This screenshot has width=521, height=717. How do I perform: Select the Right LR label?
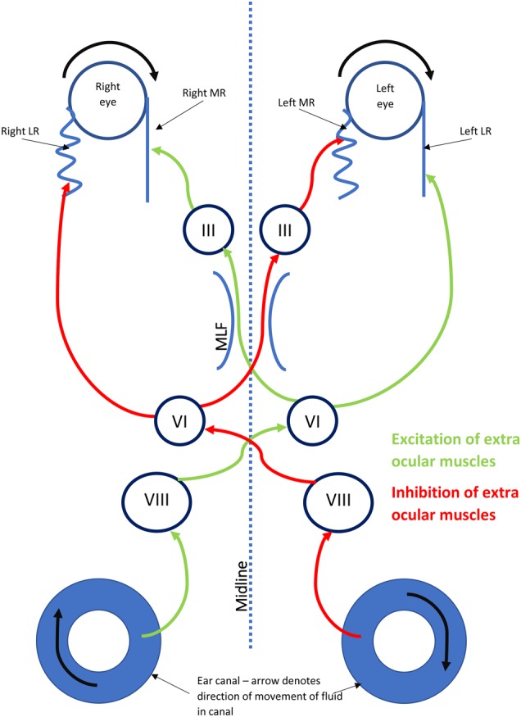(25, 130)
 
